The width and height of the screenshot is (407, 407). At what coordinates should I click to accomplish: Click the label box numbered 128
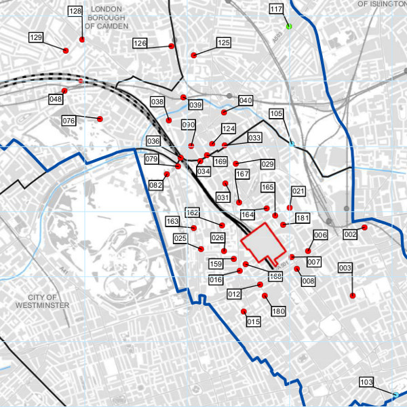75,12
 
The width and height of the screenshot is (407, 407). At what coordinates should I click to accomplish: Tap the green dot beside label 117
289,26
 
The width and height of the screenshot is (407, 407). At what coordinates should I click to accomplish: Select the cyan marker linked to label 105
292,144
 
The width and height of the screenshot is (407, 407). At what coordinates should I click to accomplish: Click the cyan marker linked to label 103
396,394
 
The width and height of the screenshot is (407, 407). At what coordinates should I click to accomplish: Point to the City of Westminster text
42,301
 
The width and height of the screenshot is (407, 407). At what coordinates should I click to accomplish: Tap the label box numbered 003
345,269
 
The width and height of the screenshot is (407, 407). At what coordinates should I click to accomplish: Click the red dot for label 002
364,228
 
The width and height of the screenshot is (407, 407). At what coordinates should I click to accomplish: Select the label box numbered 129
37,37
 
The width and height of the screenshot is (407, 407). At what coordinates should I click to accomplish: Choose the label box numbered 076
69,121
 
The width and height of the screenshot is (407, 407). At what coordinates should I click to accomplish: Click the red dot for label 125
194,55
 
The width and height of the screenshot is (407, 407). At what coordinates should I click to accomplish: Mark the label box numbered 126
140,43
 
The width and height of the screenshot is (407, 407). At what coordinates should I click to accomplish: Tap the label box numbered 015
254,322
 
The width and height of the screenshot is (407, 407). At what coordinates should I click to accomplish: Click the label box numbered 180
278,311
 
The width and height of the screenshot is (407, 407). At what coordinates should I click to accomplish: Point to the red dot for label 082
167,174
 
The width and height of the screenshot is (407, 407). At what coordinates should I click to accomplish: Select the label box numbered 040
246,100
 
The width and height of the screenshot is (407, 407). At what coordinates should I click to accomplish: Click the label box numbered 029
267,165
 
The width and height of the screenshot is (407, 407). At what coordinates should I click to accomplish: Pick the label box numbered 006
321,235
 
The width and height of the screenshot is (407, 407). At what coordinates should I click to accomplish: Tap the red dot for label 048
64,91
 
